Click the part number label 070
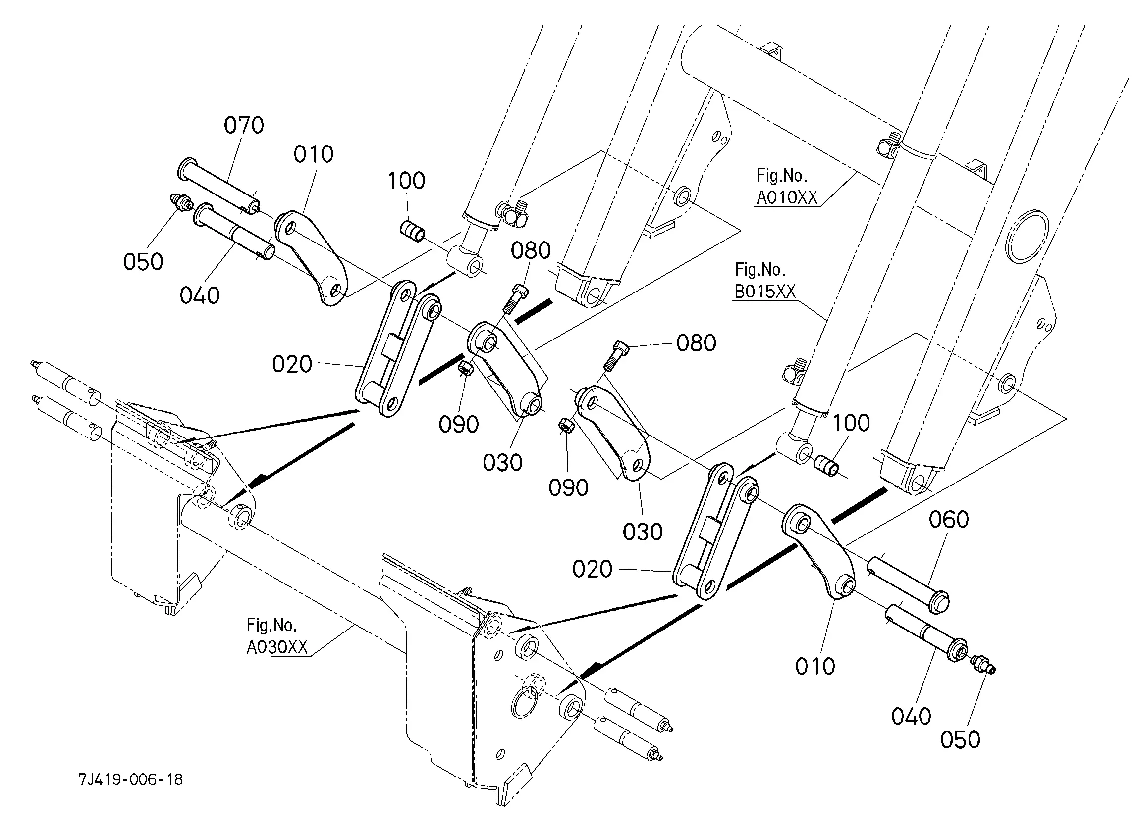pos(244,125)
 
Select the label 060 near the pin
pos(948,519)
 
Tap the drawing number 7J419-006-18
pos(131,779)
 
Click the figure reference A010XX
pos(786,198)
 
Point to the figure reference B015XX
pos(765,292)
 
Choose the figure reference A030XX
pos(277,647)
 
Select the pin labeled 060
pos(908,584)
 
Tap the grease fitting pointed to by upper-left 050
pos(181,201)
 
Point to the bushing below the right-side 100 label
pos(826,465)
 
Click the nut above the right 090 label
pos(566,427)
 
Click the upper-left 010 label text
pos(314,154)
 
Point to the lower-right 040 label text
pos(911,716)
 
